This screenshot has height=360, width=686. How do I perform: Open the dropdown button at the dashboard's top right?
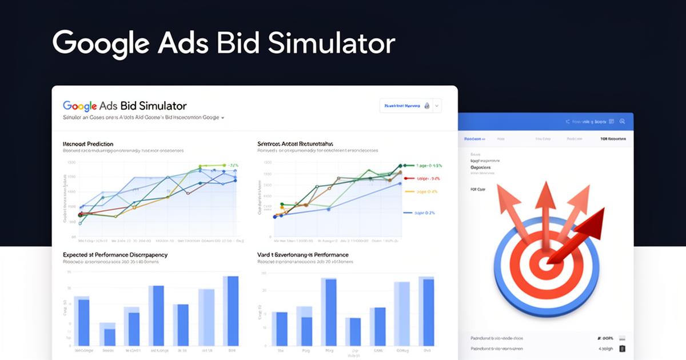(437, 106)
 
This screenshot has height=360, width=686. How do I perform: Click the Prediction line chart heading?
(88, 143)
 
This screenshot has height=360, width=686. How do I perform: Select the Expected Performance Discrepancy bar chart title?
(115, 254)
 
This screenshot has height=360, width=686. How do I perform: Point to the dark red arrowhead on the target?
(595, 219)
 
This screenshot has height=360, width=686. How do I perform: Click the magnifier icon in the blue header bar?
(623, 121)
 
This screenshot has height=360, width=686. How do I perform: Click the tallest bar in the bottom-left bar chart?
(232, 311)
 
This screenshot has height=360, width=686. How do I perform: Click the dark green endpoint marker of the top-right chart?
(401, 166)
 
